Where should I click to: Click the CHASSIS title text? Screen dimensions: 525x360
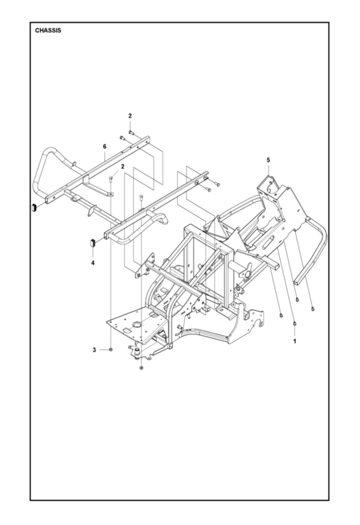point(48,31)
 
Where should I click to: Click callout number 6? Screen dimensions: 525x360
point(105,146)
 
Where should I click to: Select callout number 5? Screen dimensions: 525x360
point(268,160)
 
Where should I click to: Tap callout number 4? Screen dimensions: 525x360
point(93,262)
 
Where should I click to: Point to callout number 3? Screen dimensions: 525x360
point(95,350)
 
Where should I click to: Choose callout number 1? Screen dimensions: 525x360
point(294,341)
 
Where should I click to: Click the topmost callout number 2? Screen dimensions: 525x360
point(130,115)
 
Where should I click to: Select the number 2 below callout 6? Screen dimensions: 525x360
point(122,167)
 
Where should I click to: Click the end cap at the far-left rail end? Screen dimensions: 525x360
point(33,207)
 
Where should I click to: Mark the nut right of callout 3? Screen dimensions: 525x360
point(112,350)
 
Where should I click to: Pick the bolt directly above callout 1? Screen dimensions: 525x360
point(294,323)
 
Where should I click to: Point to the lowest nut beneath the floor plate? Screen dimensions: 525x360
point(141,368)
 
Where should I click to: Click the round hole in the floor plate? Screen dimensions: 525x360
point(135,323)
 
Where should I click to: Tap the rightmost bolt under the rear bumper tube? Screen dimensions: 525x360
point(313,309)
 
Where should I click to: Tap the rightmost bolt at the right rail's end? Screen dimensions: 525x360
point(217,184)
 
